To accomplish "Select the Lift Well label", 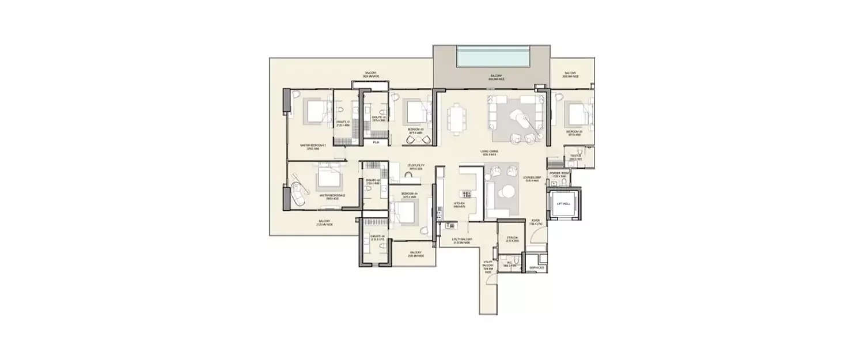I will click(563, 204).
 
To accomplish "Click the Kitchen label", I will click(459, 204).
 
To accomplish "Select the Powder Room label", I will click(559, 173).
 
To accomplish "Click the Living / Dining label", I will click(490, 153).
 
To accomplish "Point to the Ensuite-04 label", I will click(377, 237).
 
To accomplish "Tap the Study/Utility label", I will click(415, 166).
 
